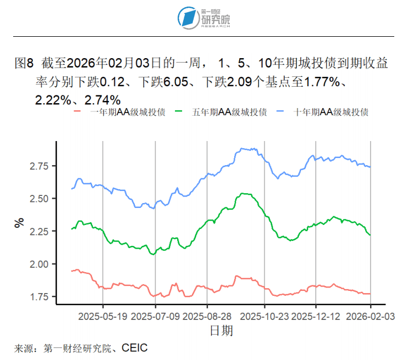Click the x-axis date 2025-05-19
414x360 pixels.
point(103,317)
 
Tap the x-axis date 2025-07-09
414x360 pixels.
point(155,317)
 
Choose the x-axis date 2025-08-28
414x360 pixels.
point(207,317)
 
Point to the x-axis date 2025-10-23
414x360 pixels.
point(264,317)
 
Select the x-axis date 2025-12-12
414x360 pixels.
point(316,317)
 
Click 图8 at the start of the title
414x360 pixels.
point(24,64)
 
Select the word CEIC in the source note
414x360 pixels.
point(135,348)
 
